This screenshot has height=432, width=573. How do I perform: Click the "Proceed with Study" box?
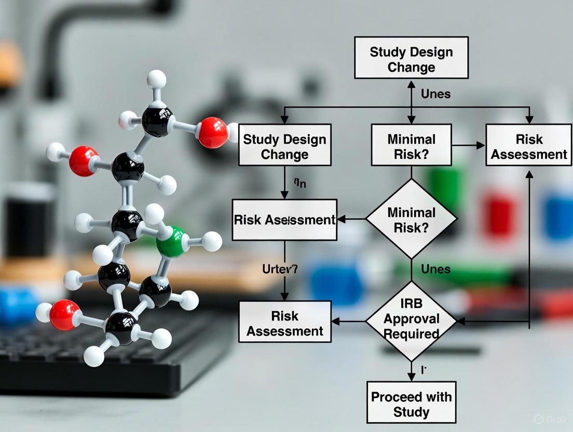click(x=411, y=404)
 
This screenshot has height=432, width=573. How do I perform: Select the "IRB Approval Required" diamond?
click(x=411, y=321)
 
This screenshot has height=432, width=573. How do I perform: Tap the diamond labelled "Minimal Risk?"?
click(x=411, y=219)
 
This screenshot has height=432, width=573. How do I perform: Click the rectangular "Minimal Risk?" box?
click(x=411, y=146)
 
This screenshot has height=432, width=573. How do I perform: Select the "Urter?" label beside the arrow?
click(x=279, y=269)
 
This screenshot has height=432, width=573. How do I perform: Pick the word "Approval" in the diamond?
click(x=411, y=319)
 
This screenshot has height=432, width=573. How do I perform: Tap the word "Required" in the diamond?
click(x=411, y=333)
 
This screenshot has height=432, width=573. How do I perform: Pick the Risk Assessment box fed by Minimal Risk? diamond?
click(x=284, y=220)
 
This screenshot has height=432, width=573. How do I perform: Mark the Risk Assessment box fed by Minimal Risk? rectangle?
click(x=528, y=146)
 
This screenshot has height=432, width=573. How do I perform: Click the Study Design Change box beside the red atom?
click(x=284, y=146)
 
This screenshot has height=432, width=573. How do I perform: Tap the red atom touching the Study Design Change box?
click(x=213, y=132)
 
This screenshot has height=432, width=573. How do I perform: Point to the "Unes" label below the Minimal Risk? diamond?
click(x=435, y=269)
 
